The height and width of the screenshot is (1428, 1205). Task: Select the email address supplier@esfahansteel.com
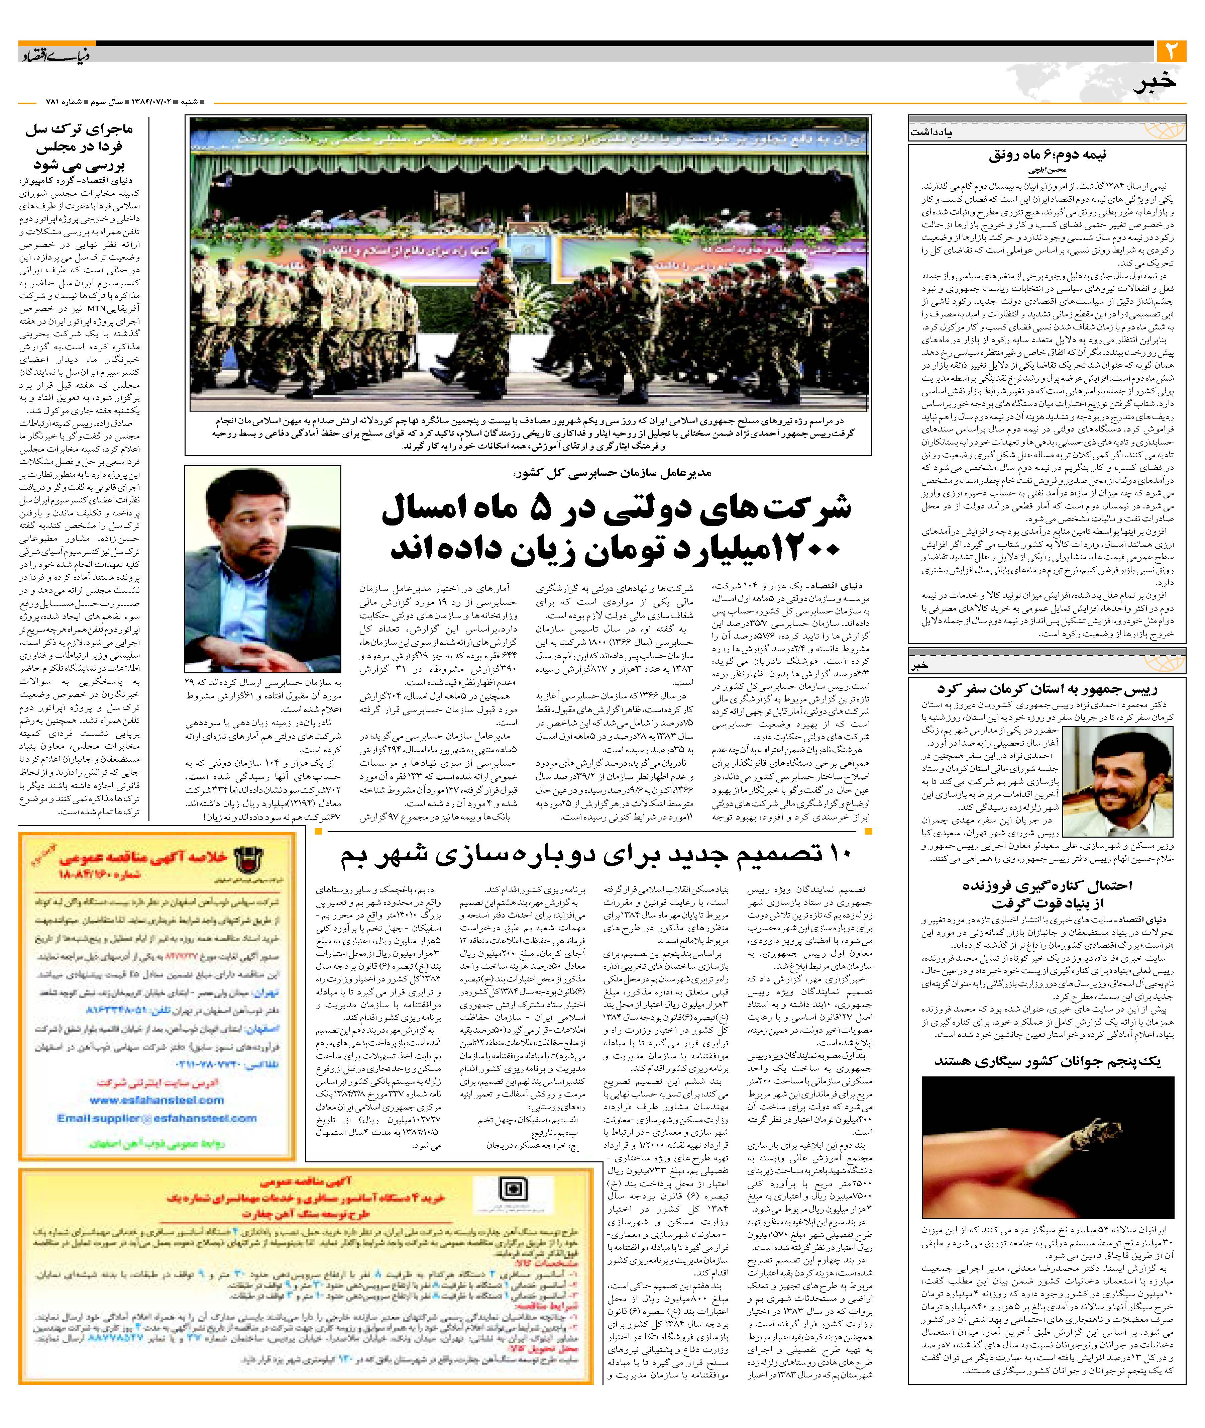pos(157,1119)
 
